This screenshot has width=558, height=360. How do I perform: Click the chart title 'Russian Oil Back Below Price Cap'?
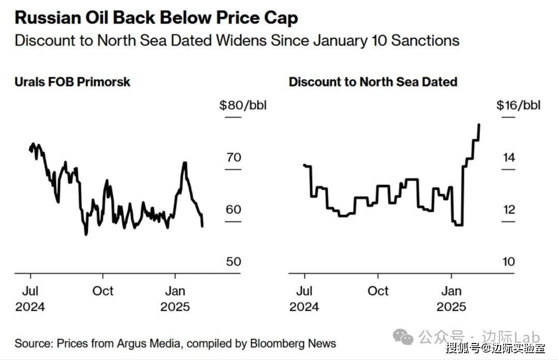[x=156, y=18]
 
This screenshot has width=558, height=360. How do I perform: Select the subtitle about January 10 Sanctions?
[x=237, y=40]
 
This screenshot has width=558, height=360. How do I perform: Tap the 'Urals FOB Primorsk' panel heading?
[x=72, y=82]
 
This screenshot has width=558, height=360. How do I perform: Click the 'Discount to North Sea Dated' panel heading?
[x=373, y=82]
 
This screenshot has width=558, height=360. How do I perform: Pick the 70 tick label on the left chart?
[x=234, y=157]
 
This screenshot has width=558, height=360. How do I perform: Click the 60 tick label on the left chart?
[x=234, y=209]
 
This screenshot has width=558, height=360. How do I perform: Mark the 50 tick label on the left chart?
[x=234, y=261]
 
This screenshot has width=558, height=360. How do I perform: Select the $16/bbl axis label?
[x=518, y=105]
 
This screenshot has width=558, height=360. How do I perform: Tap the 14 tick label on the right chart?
[x=509, y=157]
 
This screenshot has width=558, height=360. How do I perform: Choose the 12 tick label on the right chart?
[x=509, y=209]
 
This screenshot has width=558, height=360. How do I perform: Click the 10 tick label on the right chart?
[x=509, y=261]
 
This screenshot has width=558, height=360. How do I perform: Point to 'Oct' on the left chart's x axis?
[x=103, y=290]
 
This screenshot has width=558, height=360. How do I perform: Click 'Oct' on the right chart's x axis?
[x=378, y=290]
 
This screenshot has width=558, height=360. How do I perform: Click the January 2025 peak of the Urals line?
[x=184, y=163]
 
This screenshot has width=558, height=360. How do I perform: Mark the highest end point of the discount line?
[x=479, y=124]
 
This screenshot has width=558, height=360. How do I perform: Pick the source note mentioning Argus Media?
[x=175, y=343]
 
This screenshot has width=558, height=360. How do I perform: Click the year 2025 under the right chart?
[x=451, y=307]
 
